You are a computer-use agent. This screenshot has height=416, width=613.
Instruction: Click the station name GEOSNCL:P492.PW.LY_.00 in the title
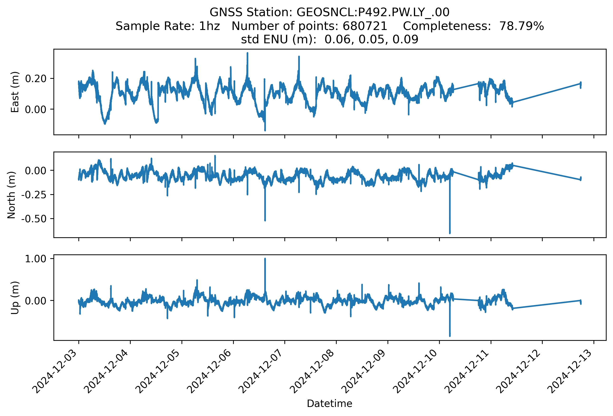point(373,12)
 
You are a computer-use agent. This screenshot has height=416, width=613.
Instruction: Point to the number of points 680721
point(365,26)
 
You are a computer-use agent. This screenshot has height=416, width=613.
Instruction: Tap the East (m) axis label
point(15,92)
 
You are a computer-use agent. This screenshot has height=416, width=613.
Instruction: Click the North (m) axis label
point(11,195)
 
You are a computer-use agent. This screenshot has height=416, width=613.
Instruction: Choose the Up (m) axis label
point(15,298)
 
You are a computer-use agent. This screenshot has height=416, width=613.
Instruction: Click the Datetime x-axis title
point(330,404)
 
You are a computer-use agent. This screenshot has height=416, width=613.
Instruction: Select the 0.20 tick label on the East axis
point(36,79)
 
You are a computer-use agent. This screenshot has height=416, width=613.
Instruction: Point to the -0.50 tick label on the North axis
point(34,219)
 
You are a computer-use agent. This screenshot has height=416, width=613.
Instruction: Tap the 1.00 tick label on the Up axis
point(36,259)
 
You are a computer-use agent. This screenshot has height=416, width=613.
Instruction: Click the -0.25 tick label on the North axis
point(34,195)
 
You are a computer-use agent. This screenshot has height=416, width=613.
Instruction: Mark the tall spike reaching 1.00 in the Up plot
point(265,259)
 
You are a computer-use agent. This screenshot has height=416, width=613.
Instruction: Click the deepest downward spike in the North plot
point(450,233)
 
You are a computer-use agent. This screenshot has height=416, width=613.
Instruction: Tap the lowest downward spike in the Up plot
point(450,335)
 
